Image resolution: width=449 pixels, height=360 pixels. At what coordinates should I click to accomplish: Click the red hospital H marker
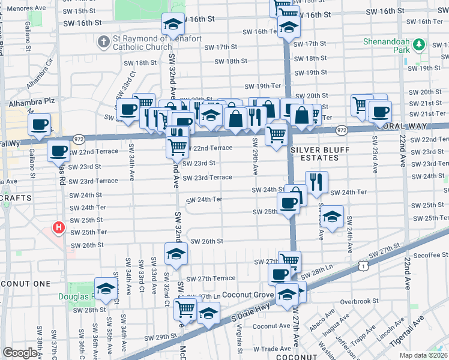click(x=58, y=228)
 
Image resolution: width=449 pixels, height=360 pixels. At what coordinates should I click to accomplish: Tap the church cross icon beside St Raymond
click(x=103, y=42)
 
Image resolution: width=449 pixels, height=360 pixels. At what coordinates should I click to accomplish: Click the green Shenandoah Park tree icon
click(x=420, y=44)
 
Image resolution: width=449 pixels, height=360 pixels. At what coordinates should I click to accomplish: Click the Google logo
click(x=20, y=353)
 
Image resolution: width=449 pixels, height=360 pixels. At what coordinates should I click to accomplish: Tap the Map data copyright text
click(x=424, y=355)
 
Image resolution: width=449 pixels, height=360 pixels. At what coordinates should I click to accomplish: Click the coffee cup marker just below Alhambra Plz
click(x=40, y=125)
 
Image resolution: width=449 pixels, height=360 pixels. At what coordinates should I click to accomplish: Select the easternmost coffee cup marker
click(x=379, y=111)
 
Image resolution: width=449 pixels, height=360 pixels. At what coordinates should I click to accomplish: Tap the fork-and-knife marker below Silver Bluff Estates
click(x=316, y=181)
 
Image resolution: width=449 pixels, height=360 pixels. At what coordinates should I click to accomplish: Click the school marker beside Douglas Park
click(x=106, y=289)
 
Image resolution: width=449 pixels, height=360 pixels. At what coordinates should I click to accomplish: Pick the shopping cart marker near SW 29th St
click(x=185, y=310)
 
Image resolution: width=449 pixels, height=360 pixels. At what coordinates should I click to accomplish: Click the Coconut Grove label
click(x=248, y=295)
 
